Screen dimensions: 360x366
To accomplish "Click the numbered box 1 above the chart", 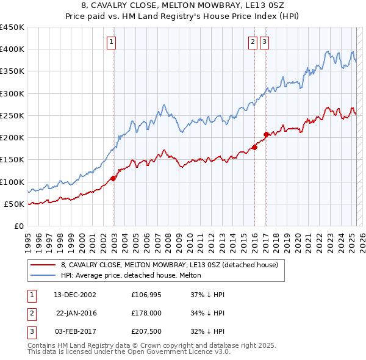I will point(113,42).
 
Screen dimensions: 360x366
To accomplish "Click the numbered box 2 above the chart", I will point(253,42).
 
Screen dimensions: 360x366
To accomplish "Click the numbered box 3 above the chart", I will point(265,42).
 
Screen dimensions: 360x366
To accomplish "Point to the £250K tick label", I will point(12,115).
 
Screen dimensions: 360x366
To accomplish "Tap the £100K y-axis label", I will point(12,182).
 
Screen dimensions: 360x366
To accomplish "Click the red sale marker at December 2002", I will point(113,178).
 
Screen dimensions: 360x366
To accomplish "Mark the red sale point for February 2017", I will point(266,134).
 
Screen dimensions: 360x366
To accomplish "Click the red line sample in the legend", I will point(43,265).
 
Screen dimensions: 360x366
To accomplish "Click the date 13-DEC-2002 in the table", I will point(74,295).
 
